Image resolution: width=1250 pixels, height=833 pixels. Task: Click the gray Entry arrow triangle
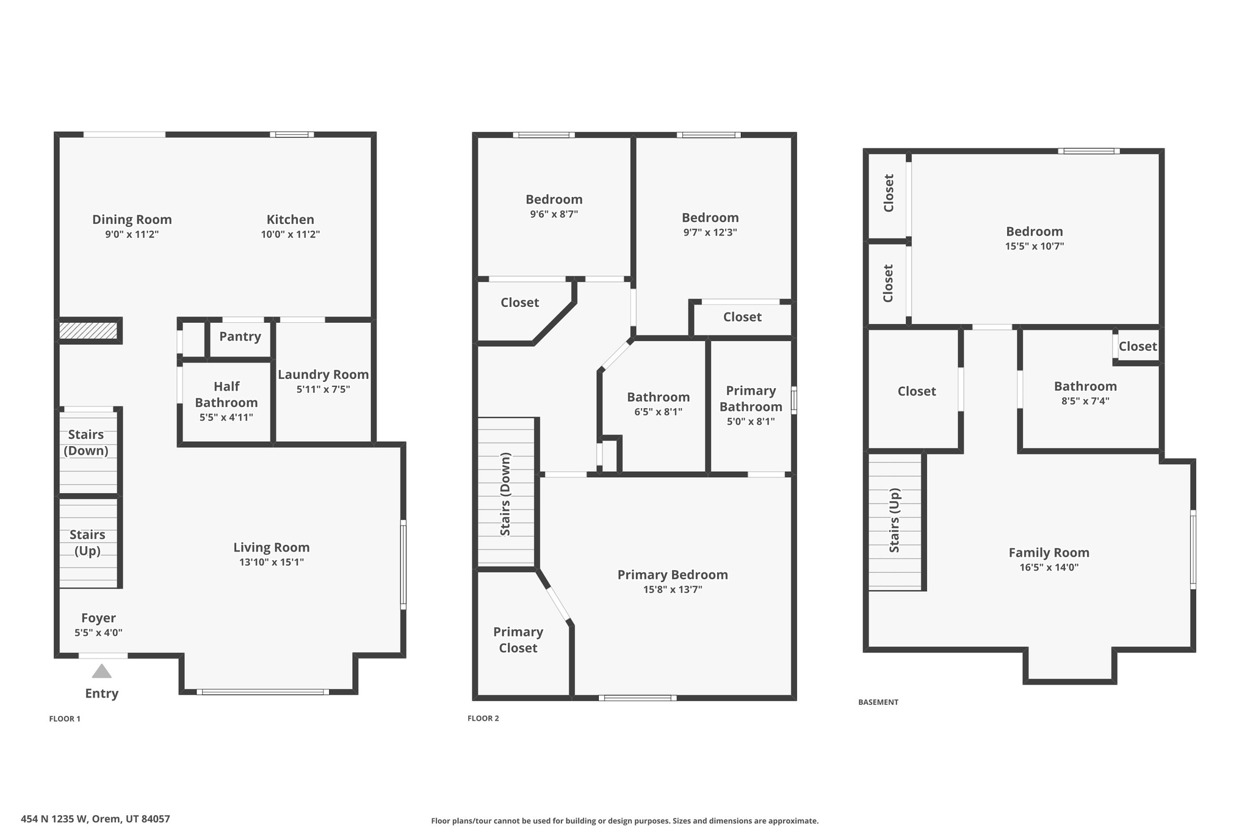pyautogui.click(x=101, y=671)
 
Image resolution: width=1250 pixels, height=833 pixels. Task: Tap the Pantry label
pyautogui.click(x=240, y=336)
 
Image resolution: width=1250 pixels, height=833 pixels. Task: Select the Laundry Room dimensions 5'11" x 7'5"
pyautogui.click(x=323, y=389)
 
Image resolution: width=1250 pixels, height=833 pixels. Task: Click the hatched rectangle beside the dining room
pyautogui.click(x=88, y=330)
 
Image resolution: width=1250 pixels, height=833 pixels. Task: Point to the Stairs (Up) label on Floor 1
pyautogui.click(x=87, y=543)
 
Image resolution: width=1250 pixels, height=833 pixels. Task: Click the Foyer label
pyautogui.click(x=98, y=618)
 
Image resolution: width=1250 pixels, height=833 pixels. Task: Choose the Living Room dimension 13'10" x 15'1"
pyautogui.click(x=271, y=562)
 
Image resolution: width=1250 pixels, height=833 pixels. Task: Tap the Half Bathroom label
pyautogui.click(x=226, y=394)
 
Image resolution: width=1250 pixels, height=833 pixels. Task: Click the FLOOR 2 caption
pyautogui.click(x=483, y=718)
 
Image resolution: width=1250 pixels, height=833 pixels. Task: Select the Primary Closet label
pyautogui.click(x=518, y=640)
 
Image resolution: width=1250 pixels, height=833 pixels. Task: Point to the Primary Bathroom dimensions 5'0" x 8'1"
pyautogui.click(x=750, y=421)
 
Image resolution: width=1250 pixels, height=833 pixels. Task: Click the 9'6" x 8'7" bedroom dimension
pyautogui.click(x=554, y=214)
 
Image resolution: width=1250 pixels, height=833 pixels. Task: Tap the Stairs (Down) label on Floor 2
pyautogui.click(x=505, y=494)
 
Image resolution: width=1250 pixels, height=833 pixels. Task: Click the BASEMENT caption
pyautogui.click(x=878, y=702)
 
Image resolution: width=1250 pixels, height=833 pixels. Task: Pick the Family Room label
pyautogui.click(x=1049, y=552)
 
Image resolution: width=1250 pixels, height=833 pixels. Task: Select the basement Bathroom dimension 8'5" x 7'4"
pyautogui.click(x=1085, y=401)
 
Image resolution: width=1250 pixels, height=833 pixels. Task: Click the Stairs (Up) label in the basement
pyautogui.click(x=894, y=520)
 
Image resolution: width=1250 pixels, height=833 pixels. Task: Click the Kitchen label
pyautogui.click(x=290, y=219)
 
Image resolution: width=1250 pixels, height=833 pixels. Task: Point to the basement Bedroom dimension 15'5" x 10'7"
pyautogui.click(x=1034, y=247)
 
